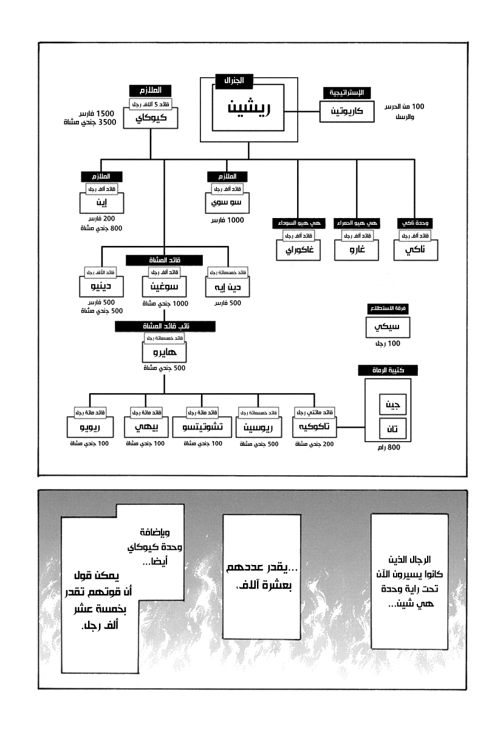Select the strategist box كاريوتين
[x=345, y=112]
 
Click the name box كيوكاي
[x=150, y=117]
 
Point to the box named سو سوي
[x=225, y=201]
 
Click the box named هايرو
[x=162, y=352]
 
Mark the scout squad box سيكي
[x=388, y=329]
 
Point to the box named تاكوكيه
[x=316, y=427]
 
